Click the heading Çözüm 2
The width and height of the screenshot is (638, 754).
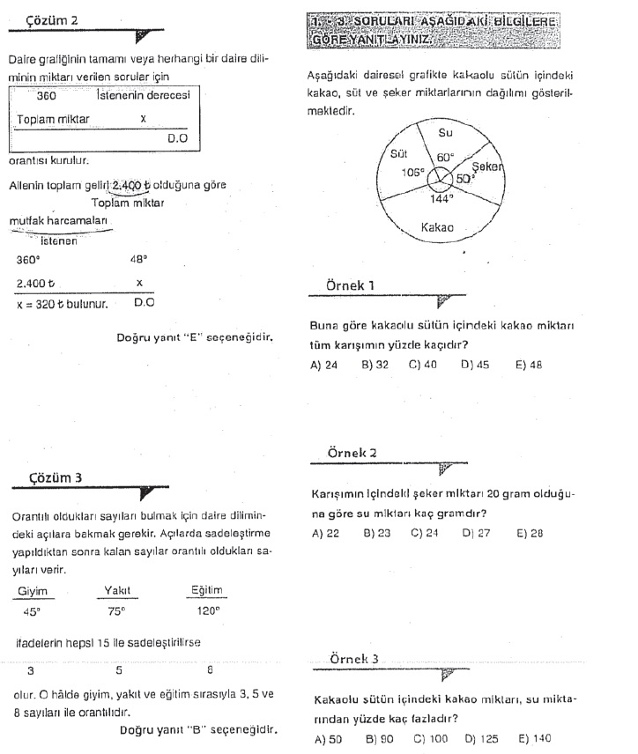tap(52, 18)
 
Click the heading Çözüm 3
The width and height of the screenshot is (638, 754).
tap(57, 477)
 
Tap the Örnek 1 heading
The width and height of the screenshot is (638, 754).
tap(351, 285)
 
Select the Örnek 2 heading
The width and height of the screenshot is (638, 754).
tap(352, 452)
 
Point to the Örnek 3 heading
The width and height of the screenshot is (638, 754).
tap(353, 659)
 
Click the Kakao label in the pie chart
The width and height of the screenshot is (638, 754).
tap(437, 227)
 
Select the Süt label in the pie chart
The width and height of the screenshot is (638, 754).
tap(397, 153)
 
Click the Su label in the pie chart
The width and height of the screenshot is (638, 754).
tap(445, 132)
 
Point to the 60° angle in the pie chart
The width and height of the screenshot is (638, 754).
tap(446, 158)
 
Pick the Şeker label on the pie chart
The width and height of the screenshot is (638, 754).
tap(487, 166)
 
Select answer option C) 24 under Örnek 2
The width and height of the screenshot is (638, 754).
tap(424, 533)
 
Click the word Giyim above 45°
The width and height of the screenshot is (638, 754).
tap(33, 591)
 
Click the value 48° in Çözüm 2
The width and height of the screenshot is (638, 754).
tap(138, 260)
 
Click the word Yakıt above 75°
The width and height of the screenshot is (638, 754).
tap(117, 591)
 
